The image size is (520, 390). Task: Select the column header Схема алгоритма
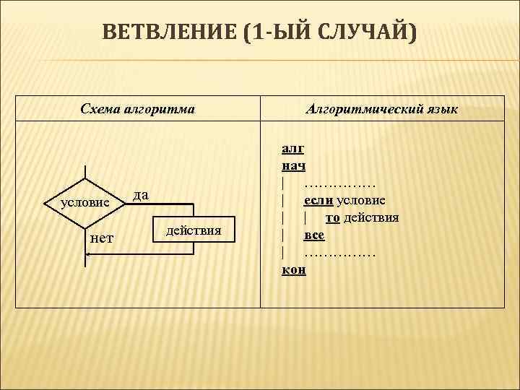coord(137,109)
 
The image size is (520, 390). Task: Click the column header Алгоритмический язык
coord(382,109)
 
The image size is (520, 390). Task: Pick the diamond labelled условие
coord(85,202)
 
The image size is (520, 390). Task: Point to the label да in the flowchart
coord(141,194)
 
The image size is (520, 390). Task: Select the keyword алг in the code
coord(292,149)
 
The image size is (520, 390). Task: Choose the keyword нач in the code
coord(293,166)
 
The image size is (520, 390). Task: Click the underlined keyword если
coord(318,200)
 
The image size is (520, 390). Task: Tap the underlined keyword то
coord(333,217)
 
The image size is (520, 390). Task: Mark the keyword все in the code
coord(314,235)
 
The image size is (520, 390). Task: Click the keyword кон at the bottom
coord(293,269)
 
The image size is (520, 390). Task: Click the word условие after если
coord(360,200)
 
